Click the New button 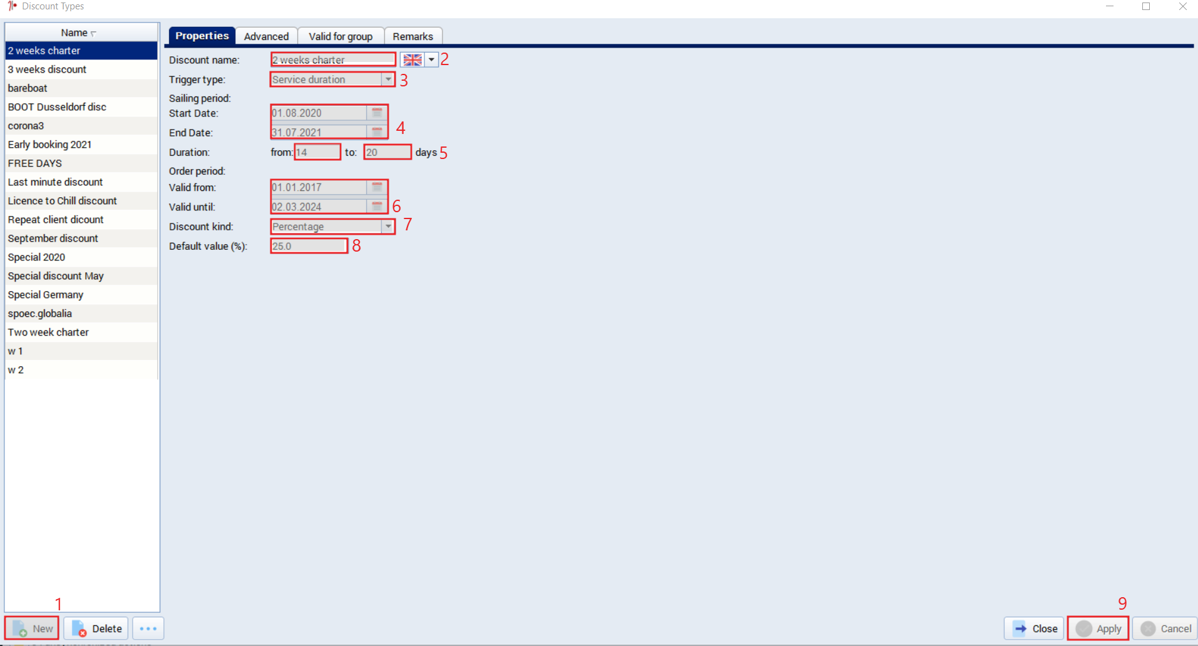[32, 628]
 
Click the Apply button [1098, 628]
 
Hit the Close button [1034, 628]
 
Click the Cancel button [1165, 628]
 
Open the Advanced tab [267, 36]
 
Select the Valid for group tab [340, 36]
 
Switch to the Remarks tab [413, 36]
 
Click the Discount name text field [333, 59]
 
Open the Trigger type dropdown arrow [388, 79]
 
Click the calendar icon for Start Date [377, 113]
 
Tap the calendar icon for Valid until [377, 206]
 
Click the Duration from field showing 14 [317, 152]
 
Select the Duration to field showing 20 [387, 152]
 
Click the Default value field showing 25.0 [309, 246]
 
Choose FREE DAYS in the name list [35, 163]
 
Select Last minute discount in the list [55, 182]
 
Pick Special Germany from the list [46, 295]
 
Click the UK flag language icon [412, 59]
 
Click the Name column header [79, 33]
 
